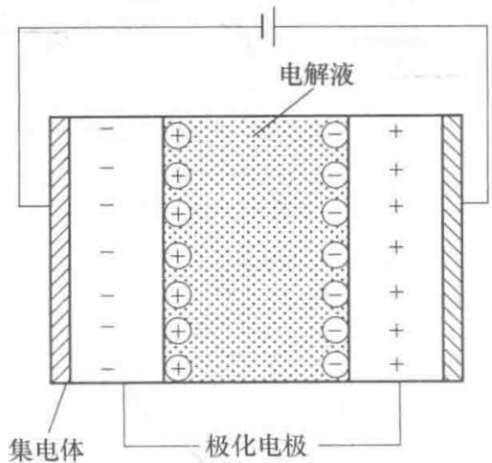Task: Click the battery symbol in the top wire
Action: click(268, 27)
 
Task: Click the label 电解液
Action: click(317, 76)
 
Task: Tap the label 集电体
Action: click(46, 450)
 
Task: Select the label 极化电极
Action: click(256, 445)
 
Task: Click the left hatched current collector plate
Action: click(59, 249)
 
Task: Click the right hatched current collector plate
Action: click(453, 248)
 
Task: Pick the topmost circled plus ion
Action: click(178, 136)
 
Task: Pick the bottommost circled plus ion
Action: click(178, 368)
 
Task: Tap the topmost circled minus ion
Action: click(335, 133)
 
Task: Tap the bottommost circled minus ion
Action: click(335, 364)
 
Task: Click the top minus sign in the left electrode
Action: click(107, 128)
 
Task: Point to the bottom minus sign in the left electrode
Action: click(108, 369)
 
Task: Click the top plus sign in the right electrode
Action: click(395, 131)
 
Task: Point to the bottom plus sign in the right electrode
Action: click(396, 364)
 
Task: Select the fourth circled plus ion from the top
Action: click(178, 255)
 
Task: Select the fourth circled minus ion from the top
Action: click(335, 254)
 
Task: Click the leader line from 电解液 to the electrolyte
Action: click(282, 112)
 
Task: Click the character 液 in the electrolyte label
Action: click(342, 76)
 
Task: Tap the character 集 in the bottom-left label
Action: click(20, 450)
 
